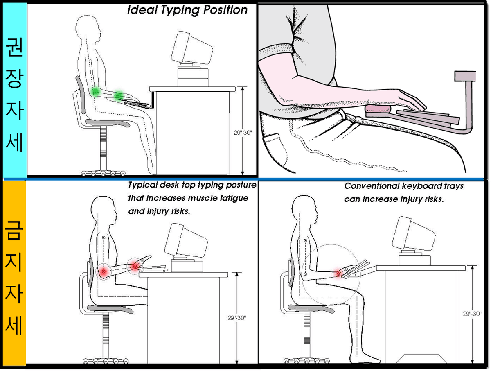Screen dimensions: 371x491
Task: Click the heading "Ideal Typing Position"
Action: point(187,10)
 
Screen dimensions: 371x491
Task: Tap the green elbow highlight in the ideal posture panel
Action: point(95,91)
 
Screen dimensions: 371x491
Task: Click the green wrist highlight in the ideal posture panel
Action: point(119,95)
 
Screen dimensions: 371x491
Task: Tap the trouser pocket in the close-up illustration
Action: point(273,139)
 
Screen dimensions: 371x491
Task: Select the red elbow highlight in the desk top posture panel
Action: point(104,271)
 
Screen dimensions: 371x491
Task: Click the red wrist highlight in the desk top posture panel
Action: point(134,266)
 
